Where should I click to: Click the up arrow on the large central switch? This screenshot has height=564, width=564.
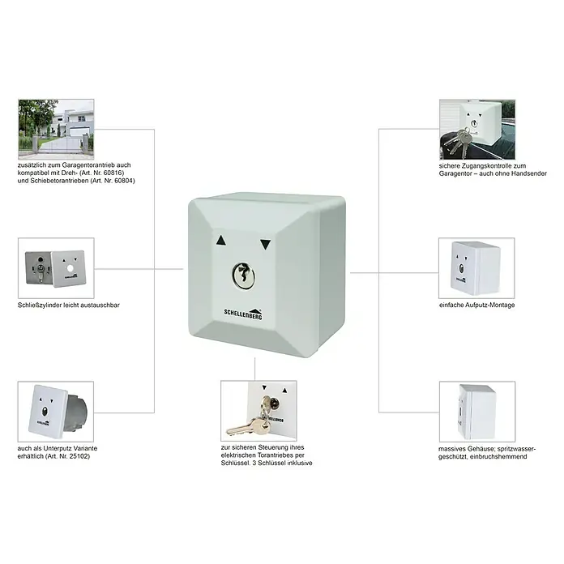[x=221, y=241]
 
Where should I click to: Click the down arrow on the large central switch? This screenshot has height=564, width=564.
[x=266, y=245]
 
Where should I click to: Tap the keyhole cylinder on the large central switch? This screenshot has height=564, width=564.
[x=244, y=276]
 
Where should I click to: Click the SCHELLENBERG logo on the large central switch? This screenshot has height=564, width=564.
[x=244, y=314]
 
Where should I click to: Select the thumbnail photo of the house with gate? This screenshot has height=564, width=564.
[x=56, y=129]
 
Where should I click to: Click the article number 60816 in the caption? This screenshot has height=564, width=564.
[x=113, y=173]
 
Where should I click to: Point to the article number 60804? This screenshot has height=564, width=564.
[x=124, y=181]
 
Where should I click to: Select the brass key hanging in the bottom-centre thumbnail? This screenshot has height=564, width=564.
[x=249, y=425]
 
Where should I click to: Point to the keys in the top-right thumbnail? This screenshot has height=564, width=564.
[x=458, y=141]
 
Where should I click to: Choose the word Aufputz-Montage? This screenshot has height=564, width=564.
[x=490, y=305]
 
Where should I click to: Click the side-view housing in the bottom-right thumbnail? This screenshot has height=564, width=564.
[x=477, y=412]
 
